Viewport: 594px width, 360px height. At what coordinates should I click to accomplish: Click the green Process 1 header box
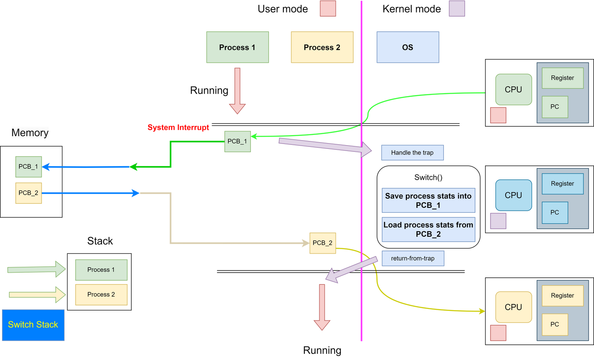pyautogui.click(x=238, y=47)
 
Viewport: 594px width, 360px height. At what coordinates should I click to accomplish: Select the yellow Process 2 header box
pyautogui.click(x=322, y=47)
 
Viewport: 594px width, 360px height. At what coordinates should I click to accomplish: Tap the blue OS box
pyautogui.click(x=408, y=47)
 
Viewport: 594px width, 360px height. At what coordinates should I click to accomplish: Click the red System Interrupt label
pyautogui.click(x=178, y=127)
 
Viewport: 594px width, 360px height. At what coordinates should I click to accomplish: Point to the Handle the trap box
pyautogui.click(x=412, y=153)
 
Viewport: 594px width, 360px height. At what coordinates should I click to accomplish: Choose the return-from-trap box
pyautogui.click(x=412, y=259)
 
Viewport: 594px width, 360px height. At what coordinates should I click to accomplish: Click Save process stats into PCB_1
pyautogui.click(x=428, y=200)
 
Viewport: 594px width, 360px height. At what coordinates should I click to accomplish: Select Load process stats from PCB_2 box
pyautogui.click(x=428, y=229)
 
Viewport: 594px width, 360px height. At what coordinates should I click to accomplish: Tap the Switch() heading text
pyautogui.click(x=428, y=177)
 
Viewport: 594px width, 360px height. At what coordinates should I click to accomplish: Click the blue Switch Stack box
pyautogui.click(x=33, y=325)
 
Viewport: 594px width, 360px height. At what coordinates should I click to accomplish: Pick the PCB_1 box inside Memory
pyautogui.click(x=28, y=167)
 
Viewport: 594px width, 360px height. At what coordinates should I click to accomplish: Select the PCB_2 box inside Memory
pyautogui.click(x=28, y=193)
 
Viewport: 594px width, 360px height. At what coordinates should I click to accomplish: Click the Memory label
pyautogui.click(x=30, y=133)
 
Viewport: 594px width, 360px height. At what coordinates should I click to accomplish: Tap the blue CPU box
pyautogui.click(x=513, y=195)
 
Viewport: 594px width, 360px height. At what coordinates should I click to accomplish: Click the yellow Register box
pyautogui.click(x=562, y=296)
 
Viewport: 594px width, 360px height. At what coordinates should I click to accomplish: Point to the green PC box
pyautogui.click(x=555, y=107)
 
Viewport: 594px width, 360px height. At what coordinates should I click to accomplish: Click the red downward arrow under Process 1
pyautogui.click(x=237, y=91)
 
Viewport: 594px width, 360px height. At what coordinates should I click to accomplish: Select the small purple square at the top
pyautogui.click(x=457, y=9)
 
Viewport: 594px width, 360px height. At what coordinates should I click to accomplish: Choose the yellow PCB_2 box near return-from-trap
pyautogui.click(x=323, y=243)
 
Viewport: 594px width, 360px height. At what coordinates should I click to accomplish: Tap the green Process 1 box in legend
pyautogui.click(x=101, y=270)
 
